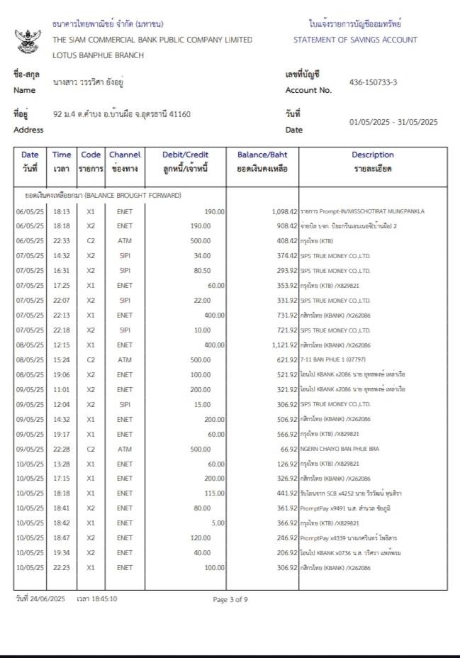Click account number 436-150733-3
373,82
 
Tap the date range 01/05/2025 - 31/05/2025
393,122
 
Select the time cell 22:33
62,240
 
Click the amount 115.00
214,493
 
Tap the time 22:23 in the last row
62,568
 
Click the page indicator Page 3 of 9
230,599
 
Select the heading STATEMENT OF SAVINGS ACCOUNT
355,40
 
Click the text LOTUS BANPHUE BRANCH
98,55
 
